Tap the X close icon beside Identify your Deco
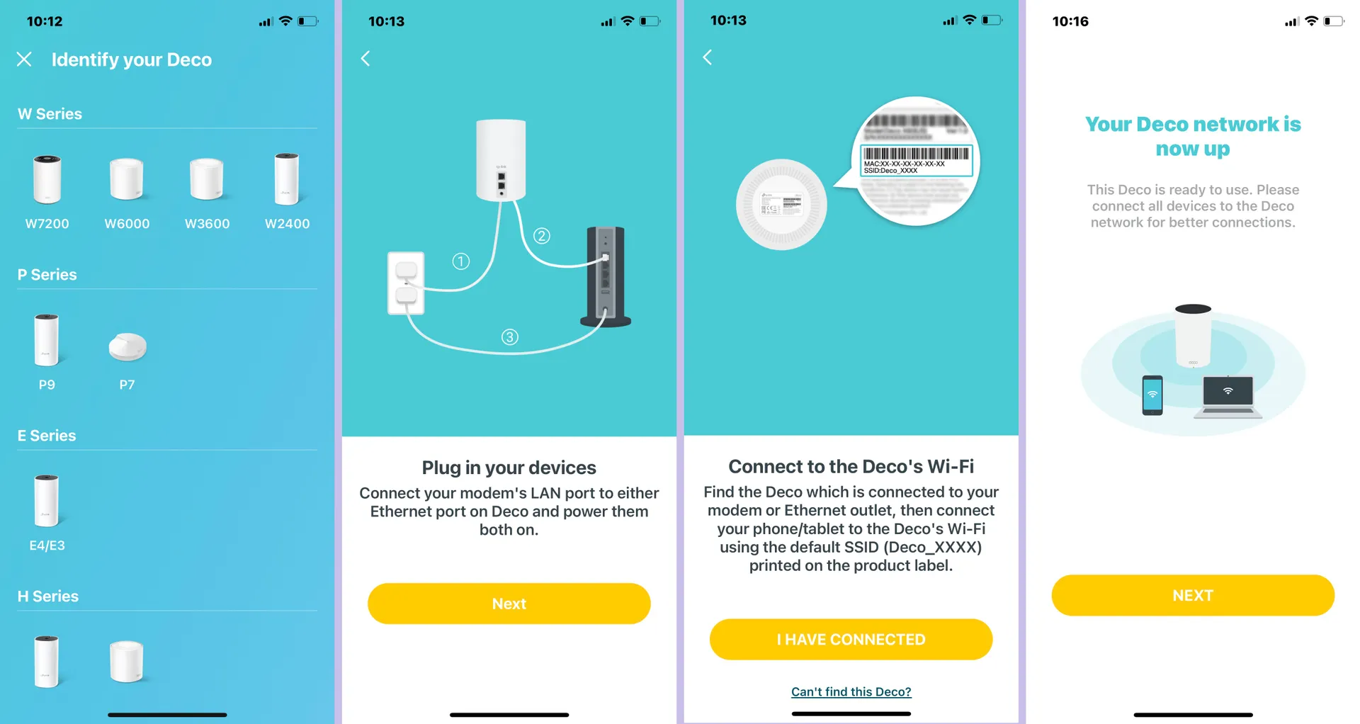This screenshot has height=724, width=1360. pos(24,60)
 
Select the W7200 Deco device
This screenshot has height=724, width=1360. pos(47,180)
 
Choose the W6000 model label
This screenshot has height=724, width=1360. pos(127,224)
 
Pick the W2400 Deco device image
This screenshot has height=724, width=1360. pos(287,179)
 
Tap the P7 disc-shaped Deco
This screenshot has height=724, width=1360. pos(127,346)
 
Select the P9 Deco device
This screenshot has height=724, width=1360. pos(47,341)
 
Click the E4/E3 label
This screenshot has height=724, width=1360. pos(47,545)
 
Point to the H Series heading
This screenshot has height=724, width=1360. pos(48,596)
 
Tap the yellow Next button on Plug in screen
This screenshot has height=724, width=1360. pos(509,604)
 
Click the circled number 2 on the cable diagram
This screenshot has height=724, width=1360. pos(542,236)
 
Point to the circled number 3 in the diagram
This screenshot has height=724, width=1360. pos(510,337)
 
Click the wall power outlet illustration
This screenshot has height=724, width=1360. pos(406,283)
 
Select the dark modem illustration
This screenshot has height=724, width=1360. pos(605,276)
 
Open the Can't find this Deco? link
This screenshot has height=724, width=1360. pos(851,691)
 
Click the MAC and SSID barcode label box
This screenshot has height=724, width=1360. pos(916,161)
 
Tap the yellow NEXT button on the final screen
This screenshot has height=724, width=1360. pos(1192,595)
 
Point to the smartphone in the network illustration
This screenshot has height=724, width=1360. pos(1152,395)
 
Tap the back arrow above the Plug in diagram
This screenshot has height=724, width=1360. pos(365,59)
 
